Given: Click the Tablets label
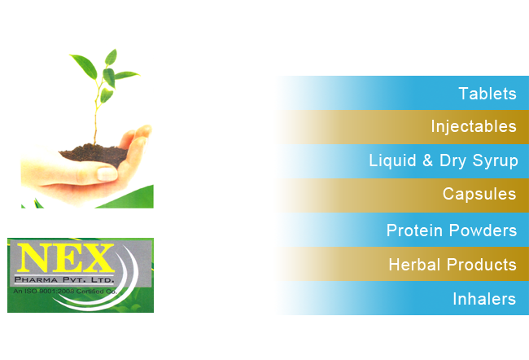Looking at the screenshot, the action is pyautogui.click(x=487, y=94).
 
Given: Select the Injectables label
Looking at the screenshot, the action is pyautogui.click(x=474, y=126).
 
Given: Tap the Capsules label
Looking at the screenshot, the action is pyautogui.click(x=479, y=194).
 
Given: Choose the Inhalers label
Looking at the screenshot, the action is pyautogui.click(x=484, y=299).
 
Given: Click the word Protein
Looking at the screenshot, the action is pyautogui.click(x=414, y=230).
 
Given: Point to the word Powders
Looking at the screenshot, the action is pyautogui.click(x=483, y=230).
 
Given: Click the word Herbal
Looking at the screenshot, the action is pyautogui.click(x=415, y=265).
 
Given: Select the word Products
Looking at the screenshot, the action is pyautogui.click(x=482, y=265).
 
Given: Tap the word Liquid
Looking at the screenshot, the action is pyautogui.click(x=392, y=160).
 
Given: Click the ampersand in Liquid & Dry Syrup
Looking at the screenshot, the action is pyautogui.click(x=427, y=160).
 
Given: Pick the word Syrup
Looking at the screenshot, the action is pyautogui.click(x=496, y=160).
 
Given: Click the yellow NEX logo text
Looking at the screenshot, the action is pyautogui.click(x=66, y=257).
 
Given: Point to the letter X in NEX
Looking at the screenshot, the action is pyautogui.click(x=98, y=258).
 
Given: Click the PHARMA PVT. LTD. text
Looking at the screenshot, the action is pyautogui.click(x=64, y=279).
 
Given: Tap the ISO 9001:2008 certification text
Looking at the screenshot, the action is pyautogui.click(x=65, y=291).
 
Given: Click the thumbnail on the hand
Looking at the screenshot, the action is pyautogui.click(x=107, y=174).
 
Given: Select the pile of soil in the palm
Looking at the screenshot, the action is pyautogui.click(x=94, y=155).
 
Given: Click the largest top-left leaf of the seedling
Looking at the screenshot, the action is pyautogui.click(x=85, y=66).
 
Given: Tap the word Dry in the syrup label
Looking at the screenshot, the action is pyautogui.click(x=452, y=160).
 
